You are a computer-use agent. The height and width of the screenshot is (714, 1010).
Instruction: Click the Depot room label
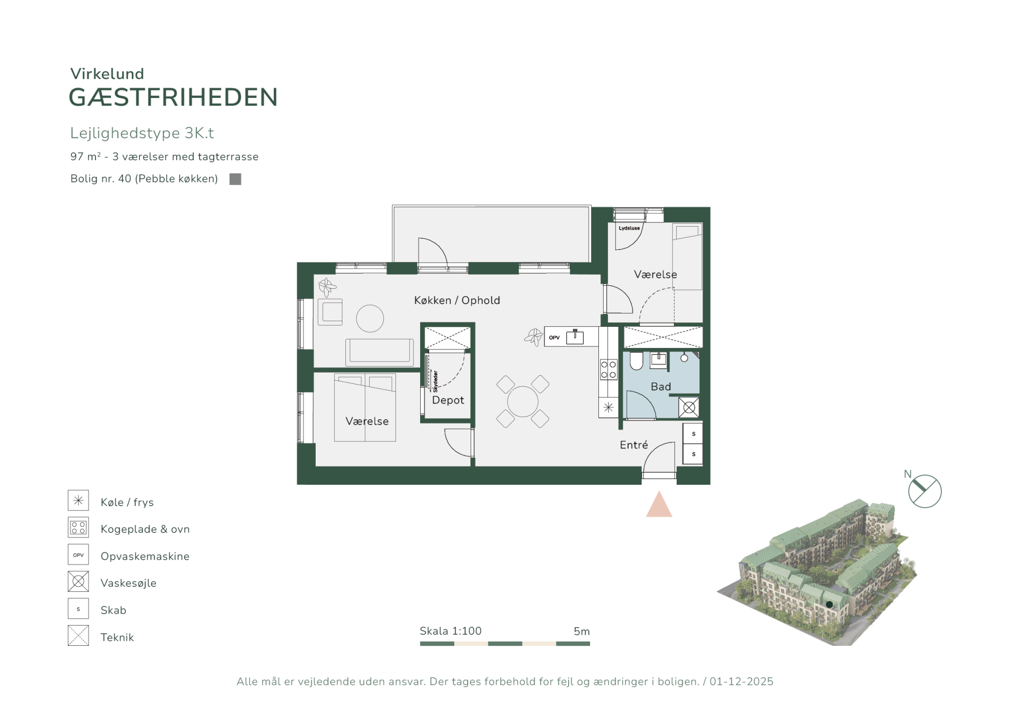pyautogui.click(x=448, y=400)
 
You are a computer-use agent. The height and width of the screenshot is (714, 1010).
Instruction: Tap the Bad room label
pyautogui.click(x=661, y=387)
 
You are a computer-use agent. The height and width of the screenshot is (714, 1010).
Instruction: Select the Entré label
pyautogui.click(x=634, y=445)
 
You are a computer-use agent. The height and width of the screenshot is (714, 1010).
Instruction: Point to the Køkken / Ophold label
pyautogui.click(x=457, y=300)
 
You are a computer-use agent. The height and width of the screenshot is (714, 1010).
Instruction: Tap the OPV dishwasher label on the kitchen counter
pyautogui.click(x=554, y=338)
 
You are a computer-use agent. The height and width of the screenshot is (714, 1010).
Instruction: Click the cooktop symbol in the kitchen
pyautogui.click(x=609, y=369)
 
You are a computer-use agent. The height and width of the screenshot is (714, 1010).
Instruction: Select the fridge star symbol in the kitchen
pyautogui.click(x=609, y=407)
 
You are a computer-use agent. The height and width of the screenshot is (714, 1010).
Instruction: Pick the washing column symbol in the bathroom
pyautogui.click(x=689, y=407)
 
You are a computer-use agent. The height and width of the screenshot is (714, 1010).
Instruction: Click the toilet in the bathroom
pyautogui.click(x=636, y=361)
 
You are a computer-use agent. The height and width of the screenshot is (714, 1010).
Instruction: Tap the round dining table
pyautogui.click(x=523, y=401)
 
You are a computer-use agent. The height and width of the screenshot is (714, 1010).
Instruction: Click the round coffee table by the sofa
pyautogui.click(x=370, y=319)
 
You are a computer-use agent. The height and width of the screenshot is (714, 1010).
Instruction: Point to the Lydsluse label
pyautogui.click(x=629, y=228)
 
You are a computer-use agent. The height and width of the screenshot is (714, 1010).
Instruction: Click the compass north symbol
pyautogui.click(x=925, y=491)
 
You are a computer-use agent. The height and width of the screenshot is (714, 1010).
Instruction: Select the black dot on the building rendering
pyautogui.click(x=829, y=604)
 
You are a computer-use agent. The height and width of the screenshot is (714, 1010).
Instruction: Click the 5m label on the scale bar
pyautogui.click(x=582, y=631)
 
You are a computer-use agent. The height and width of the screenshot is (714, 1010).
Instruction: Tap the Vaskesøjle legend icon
pyautogui.click(x=78, y=582)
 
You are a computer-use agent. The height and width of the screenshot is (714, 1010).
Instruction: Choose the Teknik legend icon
pyautogui.click(x=78, y=636)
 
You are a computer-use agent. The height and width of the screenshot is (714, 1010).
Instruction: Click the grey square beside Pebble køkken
pyautogui.click(x=235, y=179)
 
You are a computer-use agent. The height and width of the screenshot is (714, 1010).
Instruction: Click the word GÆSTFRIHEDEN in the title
pyautogui.click(x=173, y=97)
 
